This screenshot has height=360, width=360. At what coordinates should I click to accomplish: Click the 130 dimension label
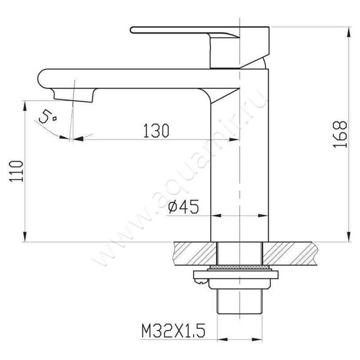coord(156,130)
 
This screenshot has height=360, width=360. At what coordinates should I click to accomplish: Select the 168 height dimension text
coord(340,134)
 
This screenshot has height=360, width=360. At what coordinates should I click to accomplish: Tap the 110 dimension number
coord(16,171)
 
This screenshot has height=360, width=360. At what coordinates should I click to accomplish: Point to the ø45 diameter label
coord(184,207)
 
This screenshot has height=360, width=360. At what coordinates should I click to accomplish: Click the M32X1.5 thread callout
coord(173,331)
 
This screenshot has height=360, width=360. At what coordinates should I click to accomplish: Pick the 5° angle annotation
coord(48,117)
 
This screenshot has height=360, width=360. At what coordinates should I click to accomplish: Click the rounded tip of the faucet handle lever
coord(132,30)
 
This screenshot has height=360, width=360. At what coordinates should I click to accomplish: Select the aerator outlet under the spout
coord(73,95)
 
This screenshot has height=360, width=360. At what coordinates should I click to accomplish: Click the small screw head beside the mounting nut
coord(201,281)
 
